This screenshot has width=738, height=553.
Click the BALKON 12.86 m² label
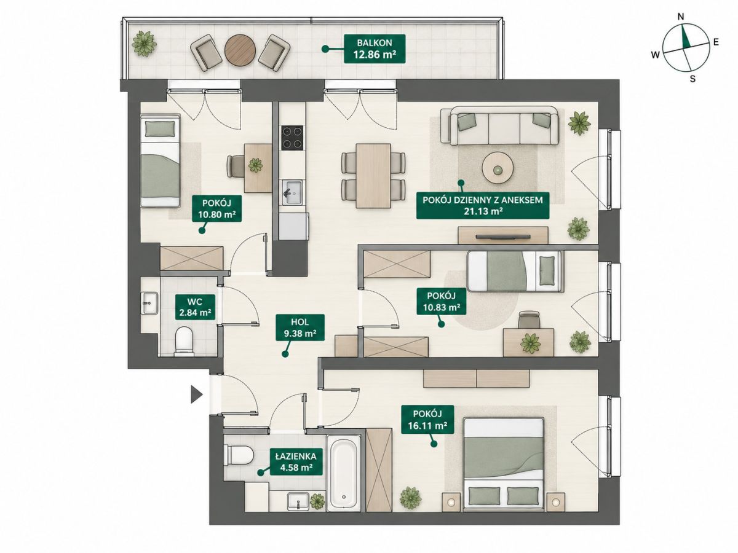click(x=374, y=49)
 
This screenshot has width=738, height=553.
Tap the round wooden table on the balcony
click(x=240, y=51)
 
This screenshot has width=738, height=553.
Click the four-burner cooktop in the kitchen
click(x=292, y=137)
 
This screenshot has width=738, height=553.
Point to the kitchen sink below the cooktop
click(x=292, y=192)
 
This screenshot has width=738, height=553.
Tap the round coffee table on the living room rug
click(x=498, y=168)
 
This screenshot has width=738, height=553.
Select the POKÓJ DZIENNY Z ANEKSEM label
click(x=483, y=205)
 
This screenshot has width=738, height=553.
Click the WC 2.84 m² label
click(x=195, y=307)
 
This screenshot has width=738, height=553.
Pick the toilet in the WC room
click(x=184, y=341)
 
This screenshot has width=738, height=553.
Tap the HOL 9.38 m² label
click(x=300, y=327)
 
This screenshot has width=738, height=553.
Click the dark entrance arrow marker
click(x=196, y=394)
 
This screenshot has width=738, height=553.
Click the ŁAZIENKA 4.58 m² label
click(x=296, y=461)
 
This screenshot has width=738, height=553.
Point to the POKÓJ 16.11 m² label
click(x=427, y=420)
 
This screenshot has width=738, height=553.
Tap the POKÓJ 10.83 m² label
click(x=441, y=301)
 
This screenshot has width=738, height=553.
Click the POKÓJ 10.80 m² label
click(x=216, y=208)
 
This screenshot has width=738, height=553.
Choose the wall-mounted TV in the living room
click(x=503, y=237)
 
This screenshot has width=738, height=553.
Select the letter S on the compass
click(x=692, y=79)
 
